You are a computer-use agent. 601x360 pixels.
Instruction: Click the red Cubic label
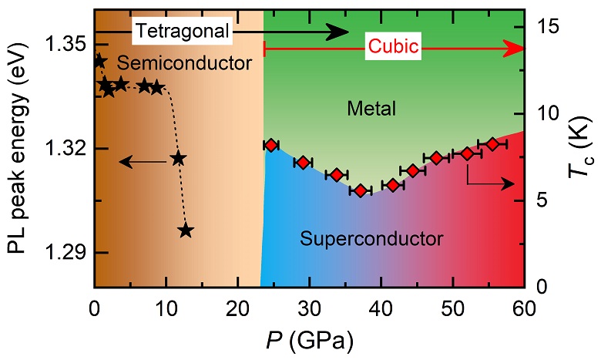pyautogui.click(x=393, y=48)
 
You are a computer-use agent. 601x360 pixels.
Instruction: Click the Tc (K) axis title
pyautogui.click(x=579, y=148)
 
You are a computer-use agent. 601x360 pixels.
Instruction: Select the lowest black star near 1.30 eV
pyautogui.click(x=186, y=230)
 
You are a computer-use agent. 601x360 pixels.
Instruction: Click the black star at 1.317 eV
pyautogui.click(x=179, y=158)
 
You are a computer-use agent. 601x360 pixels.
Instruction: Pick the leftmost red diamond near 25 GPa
pyautogui.click(x=270, y=145)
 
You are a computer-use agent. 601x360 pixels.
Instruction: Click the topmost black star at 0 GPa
pyautogui.click(x=99, y=61)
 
